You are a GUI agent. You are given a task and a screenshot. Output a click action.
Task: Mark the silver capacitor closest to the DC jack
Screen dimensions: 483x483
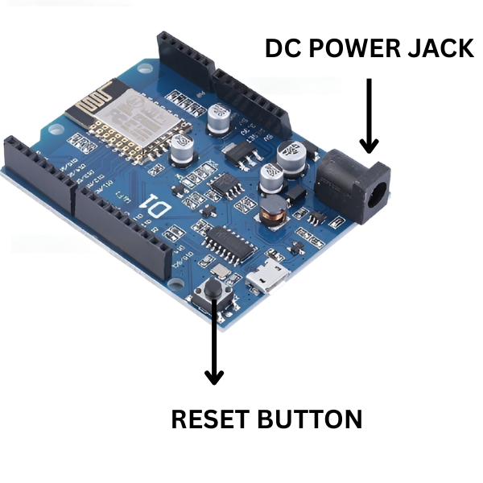289,154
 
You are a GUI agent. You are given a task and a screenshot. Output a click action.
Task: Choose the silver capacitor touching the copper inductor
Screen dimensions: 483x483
271,179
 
